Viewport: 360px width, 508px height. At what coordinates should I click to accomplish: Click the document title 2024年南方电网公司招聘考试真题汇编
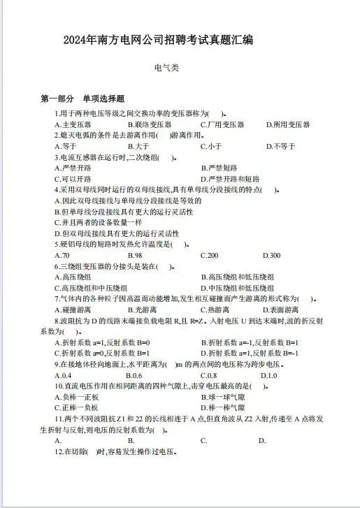[157, 40]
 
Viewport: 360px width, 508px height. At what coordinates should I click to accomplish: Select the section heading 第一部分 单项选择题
[82, 99]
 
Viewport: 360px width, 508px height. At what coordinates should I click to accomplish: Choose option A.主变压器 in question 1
[73, 124]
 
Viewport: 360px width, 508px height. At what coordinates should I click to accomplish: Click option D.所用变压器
[287, 124]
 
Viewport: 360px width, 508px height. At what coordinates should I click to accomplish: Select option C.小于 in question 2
[211, 146]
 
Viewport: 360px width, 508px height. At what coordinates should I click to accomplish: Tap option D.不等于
[281, 146]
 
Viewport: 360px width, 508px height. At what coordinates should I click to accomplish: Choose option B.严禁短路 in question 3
[219, 168]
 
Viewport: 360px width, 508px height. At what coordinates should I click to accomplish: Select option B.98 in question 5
[135, 254]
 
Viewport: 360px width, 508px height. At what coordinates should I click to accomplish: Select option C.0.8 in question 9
[208, 375]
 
